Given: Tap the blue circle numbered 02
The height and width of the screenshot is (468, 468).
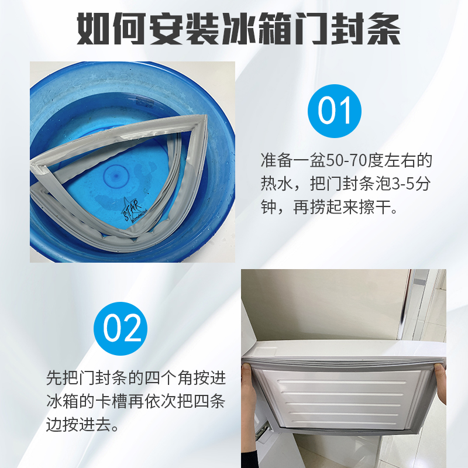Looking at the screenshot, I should point(122,328).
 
